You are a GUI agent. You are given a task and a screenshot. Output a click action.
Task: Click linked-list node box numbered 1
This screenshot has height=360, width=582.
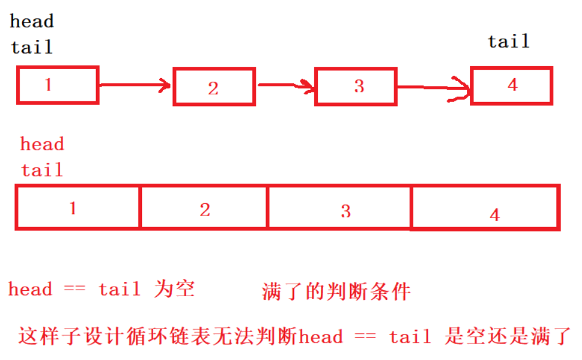click(57, 85)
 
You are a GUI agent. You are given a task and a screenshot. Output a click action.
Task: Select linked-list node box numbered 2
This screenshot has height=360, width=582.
click(214, 87)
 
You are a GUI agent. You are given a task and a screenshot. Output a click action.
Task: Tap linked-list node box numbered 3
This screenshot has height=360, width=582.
click(356, 86)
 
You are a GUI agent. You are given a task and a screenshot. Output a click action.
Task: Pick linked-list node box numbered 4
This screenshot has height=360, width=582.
click(511, 85)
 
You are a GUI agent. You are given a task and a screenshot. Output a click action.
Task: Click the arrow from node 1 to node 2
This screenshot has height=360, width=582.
click(135, 85)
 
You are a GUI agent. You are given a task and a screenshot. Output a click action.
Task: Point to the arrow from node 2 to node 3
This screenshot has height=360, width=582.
click(285, 86)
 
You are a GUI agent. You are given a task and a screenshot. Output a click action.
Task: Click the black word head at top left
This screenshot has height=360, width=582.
click(32, 22)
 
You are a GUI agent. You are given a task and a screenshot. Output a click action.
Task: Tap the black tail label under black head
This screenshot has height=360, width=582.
click(32, 46)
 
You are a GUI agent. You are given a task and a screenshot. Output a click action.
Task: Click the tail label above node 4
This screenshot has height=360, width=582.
click(509, 41)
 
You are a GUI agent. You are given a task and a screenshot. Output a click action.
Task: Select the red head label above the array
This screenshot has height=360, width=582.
click(42, 144)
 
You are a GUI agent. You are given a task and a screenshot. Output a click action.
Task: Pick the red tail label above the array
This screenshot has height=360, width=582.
click(42, 170)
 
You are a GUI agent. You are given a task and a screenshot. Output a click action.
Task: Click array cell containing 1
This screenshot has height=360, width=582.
click(78, 207)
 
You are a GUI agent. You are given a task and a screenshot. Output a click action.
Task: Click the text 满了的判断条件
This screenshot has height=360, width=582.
click(336, 291)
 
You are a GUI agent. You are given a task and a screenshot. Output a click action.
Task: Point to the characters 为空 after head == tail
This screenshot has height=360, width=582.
click(174, 289)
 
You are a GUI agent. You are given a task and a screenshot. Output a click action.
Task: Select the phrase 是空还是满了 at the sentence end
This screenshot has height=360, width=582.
click(508, 337)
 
